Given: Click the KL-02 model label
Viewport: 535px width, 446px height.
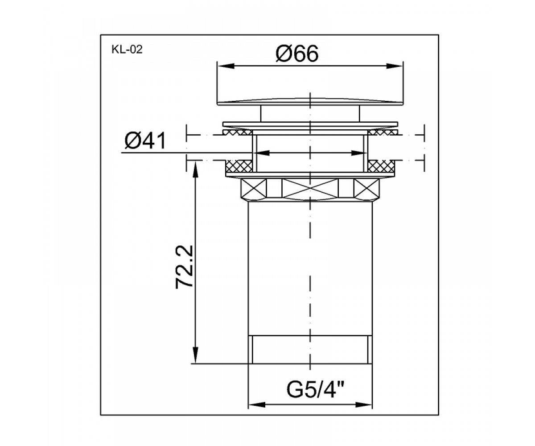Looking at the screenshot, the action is tap(127, 50).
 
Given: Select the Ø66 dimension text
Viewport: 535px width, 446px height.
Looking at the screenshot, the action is tap(297, 54).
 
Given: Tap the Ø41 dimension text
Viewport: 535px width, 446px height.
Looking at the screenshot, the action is tap(145, 141).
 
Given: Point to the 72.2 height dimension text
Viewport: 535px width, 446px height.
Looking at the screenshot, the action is tap(184, 267).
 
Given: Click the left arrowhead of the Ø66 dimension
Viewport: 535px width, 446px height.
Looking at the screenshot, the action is tap(226, 66).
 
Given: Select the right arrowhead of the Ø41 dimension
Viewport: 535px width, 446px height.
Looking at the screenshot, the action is tap(359, 153).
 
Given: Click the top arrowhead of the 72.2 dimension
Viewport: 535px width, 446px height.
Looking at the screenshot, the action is tap(195, 169).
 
